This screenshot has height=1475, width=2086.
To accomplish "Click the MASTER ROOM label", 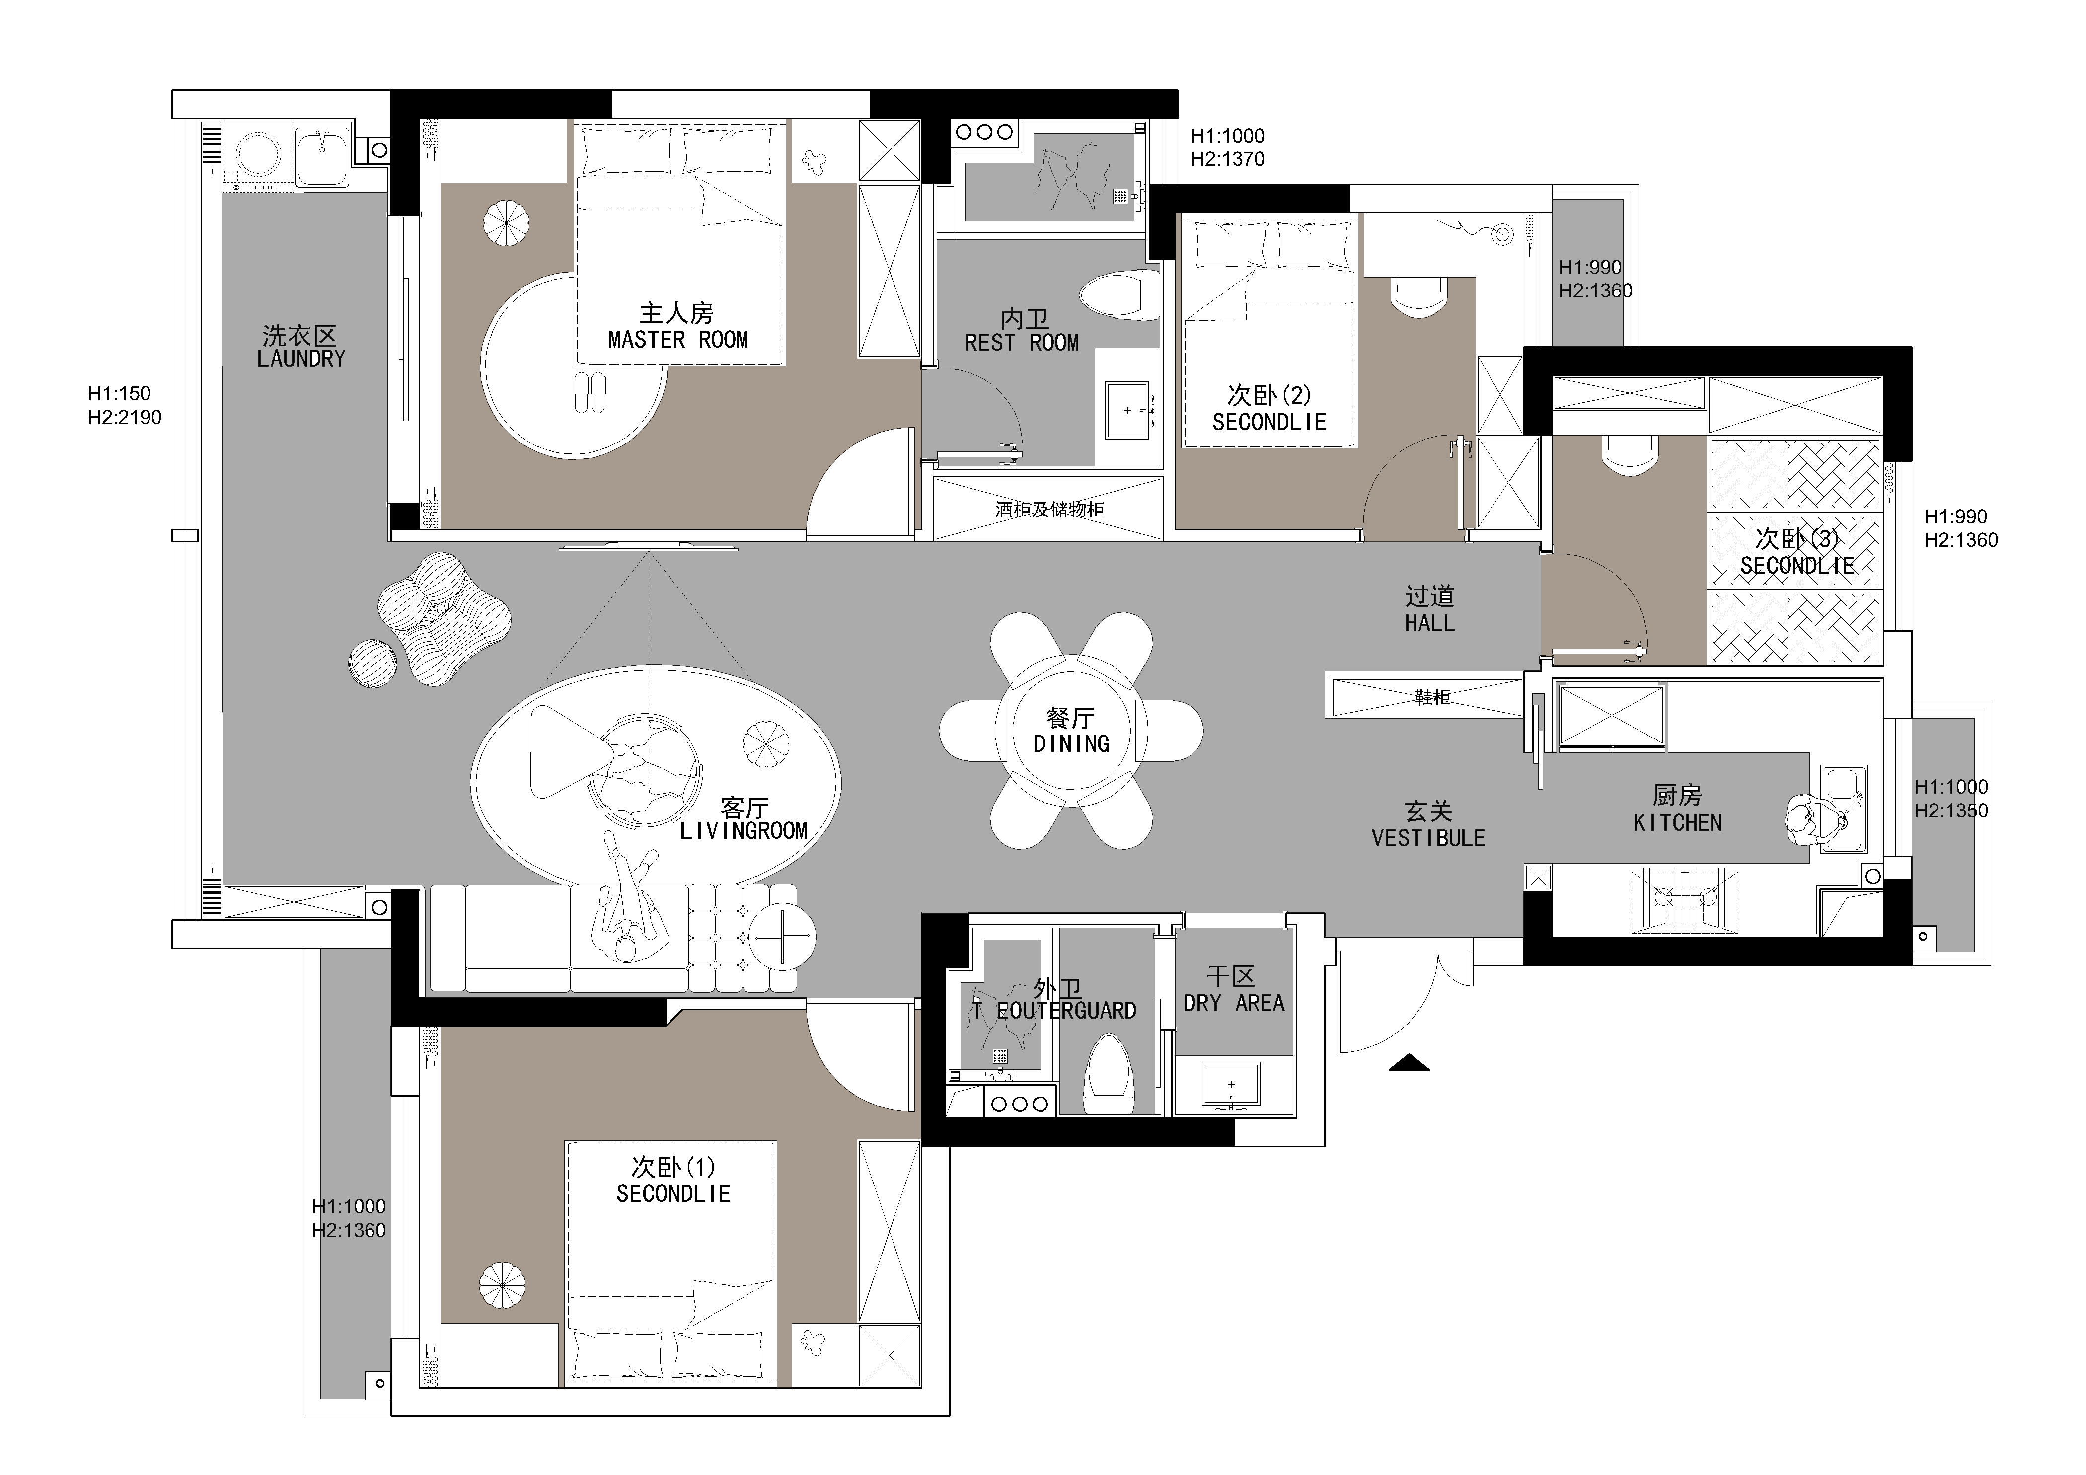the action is (x=678, y=340).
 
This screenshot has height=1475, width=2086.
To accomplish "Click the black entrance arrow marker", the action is (x=1409, y=1062).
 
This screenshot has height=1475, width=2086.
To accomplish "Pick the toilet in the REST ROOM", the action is (x=1119, y=295).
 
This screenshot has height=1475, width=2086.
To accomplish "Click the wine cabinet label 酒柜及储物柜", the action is (x=1049, y=510).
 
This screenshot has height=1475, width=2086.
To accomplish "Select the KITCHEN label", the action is (x=1677, y=823).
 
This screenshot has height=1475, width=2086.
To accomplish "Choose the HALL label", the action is (x=1430, y=623).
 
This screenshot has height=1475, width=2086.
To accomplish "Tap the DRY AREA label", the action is (x=1234, y=1004).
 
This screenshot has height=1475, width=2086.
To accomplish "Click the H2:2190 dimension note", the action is (x=125, y=418).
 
